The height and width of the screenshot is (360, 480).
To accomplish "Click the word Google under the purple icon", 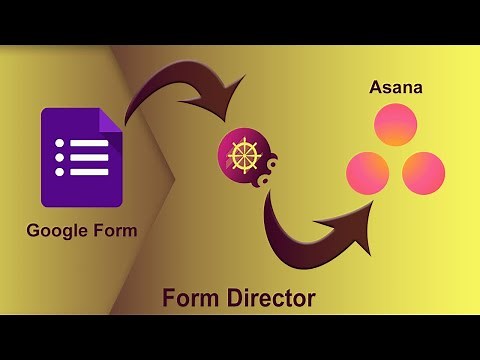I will [x=56, y=231].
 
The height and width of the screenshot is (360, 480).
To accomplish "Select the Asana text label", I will [x=395, y=88].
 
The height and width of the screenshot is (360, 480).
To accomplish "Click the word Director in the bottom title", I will [x=271, y=297].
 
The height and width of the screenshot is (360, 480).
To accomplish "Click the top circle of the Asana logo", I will [x=395, y=124].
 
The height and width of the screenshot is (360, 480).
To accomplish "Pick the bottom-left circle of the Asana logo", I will [x=368, y=172].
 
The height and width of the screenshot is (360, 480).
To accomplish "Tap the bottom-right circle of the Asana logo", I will [x=423, y=172].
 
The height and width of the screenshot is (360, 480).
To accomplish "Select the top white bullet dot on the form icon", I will [x=60, y=142].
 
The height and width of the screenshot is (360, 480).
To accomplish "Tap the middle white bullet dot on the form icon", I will [x=60, y=157].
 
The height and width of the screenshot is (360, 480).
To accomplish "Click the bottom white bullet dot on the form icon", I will [x=60, y=172].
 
